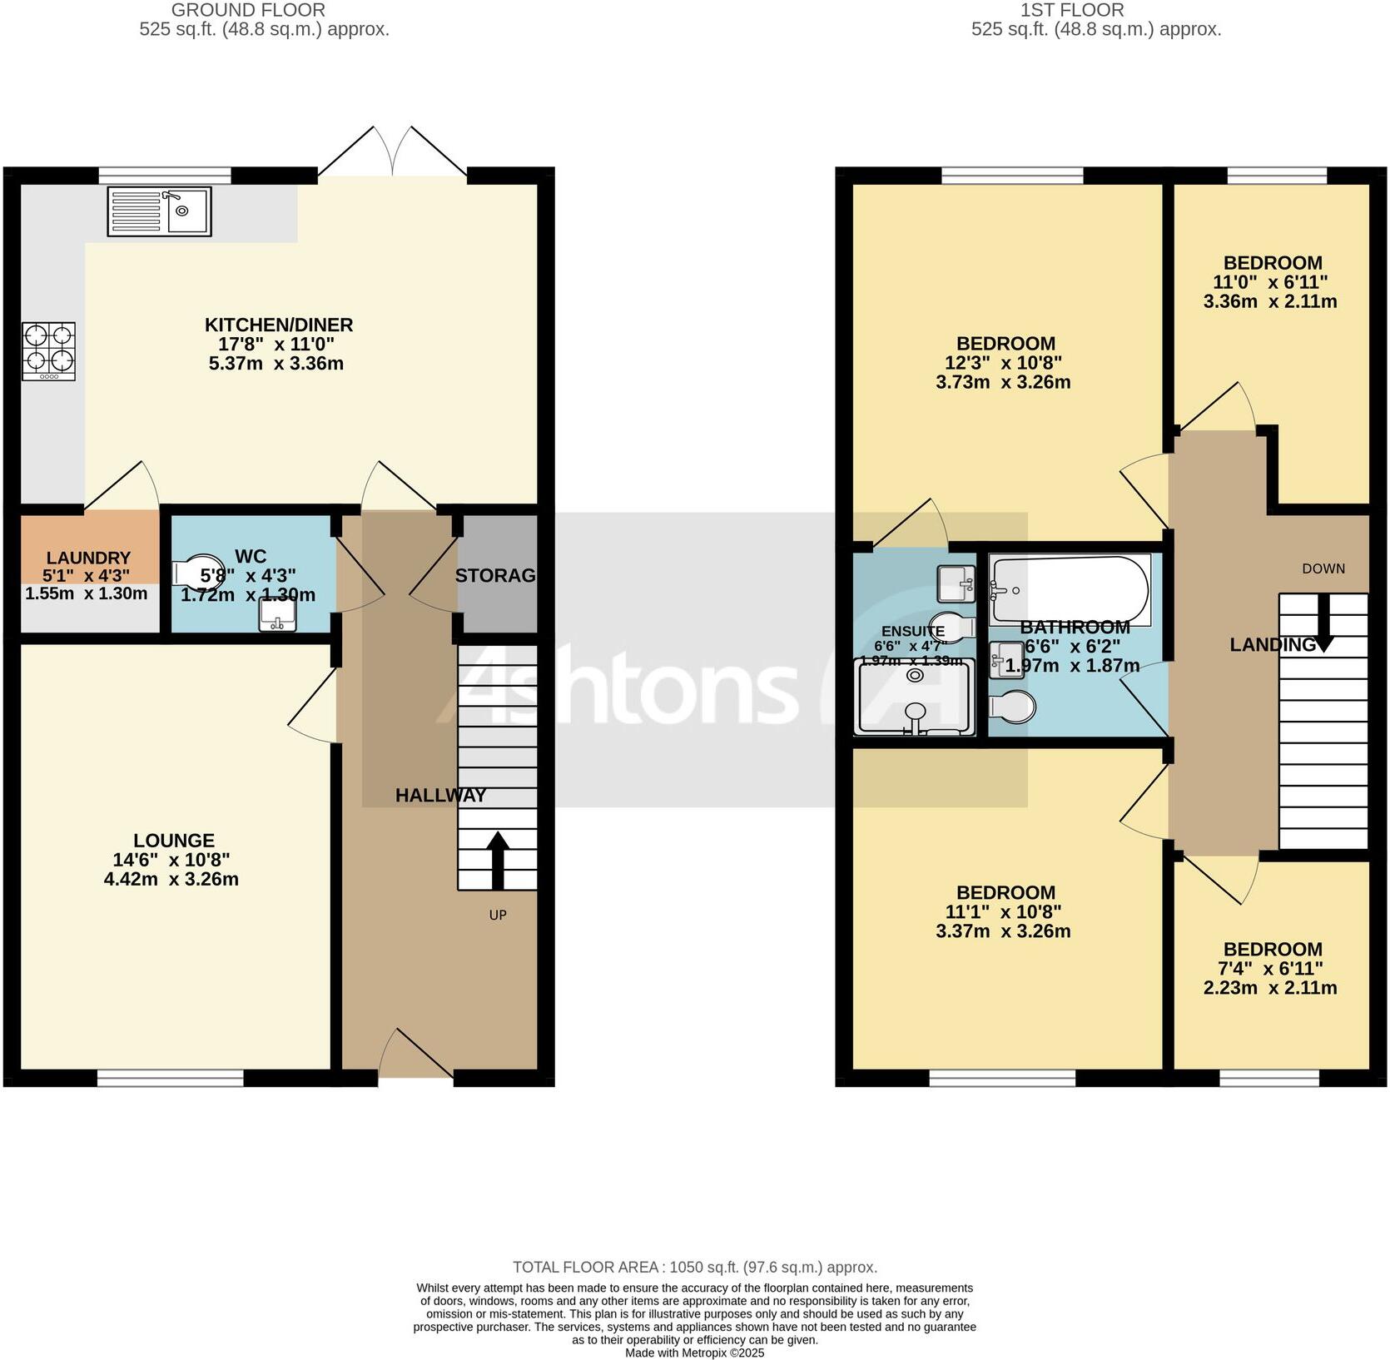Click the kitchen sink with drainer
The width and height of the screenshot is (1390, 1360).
[x=159, y=211]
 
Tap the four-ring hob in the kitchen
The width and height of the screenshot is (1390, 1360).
[x=49, y=351]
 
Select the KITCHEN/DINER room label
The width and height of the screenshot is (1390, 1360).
[x=279, y=325]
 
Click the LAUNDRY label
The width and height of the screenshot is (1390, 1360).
[x=88, y=558]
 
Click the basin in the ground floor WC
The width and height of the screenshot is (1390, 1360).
[x=276, y=614]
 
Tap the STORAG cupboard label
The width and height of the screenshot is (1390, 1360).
[x=495, y=575]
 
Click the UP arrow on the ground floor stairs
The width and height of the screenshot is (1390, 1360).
[x=498, y=860]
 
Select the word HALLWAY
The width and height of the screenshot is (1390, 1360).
[x=440, y=795]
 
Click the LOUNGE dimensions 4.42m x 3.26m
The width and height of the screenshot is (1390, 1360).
[x=171, y=879]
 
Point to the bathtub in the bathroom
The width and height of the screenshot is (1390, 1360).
[x=1070, y=589]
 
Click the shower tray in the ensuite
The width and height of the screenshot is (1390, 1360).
[x=914, y=697]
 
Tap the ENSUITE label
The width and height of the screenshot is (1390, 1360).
[x=913, y=631]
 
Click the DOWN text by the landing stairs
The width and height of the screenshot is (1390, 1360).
[x=1323, y=568]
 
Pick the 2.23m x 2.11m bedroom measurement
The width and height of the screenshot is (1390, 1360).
[x=1270, y=988]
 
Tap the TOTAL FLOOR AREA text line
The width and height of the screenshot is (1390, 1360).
[x=694, y=1268]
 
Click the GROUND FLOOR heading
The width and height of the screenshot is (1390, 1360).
[x=248, y=11]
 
